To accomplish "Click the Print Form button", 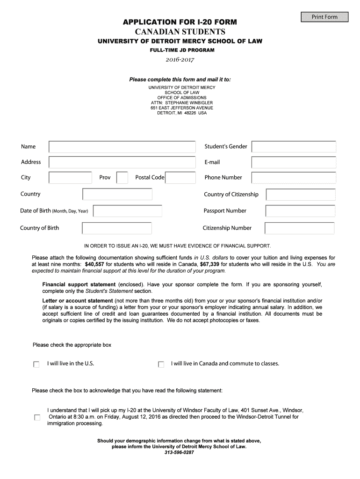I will click(x=324, y=17).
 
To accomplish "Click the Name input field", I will click(x=122, y=147).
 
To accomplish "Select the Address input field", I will click(x=122, y=162).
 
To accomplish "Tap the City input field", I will click(x=70, y=178).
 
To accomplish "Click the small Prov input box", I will click(x=122, y=178).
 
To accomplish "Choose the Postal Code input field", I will click(x=180, y=178).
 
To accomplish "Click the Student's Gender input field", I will click(x=294, y=147).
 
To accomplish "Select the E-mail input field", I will click(x=294, y=162).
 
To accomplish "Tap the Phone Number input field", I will click(x=294, y=178).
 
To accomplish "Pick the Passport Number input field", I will click(x=300, y=211).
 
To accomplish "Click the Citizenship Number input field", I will click(x=300, y=228).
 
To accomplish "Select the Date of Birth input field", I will click(x=128, y=211).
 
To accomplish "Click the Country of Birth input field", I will click(x=117, y=228).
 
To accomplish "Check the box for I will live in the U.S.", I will click(x=36, y=364).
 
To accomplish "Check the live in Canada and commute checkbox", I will click(x=161, y=364).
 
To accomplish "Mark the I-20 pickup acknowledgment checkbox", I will click(x=37, y=417).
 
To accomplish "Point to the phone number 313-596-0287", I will click(x=179, y=453).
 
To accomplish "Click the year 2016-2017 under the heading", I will click(x=180, y=59).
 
